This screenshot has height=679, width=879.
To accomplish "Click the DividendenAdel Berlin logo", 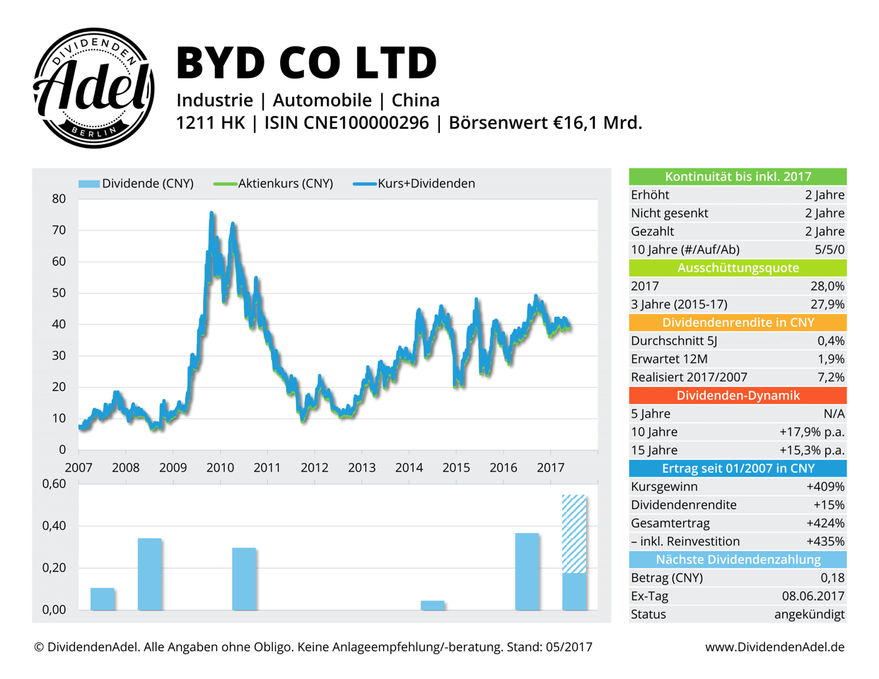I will pyautogui.click(x=94, y=88).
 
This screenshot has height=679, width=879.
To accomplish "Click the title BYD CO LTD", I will pyautogui.click(x=306, y=62).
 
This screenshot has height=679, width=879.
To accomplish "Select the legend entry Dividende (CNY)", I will pyautogui.click(x=136, y=183).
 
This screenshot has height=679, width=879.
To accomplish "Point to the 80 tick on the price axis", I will pyautogui.click(x=59, y=199).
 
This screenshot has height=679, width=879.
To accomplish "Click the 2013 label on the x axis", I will pyautogui.click(x=361, y=468).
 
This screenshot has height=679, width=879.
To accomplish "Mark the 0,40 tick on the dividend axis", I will pyautogui.click(x=54, y=526).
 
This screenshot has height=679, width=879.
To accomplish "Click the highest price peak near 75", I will pyautogui.click(x=211, y=213).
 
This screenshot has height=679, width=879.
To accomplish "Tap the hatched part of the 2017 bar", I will pyautogui.click(x=574, y=534).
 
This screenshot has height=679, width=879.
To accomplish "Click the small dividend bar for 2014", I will pyautogui.click(x=432, y=605).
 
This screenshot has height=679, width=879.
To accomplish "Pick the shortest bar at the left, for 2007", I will pyautogui.click(x=103, y=599).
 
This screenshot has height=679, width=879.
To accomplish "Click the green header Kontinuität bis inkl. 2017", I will pyautogui.click(x=738, y=177).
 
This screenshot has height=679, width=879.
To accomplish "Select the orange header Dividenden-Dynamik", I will pyautogui.click(x=738, y=395).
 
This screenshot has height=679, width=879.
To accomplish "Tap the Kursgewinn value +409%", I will pyautogui.click(x=825, y=487).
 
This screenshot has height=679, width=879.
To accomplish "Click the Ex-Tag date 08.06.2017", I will pyautogui.click(x=813, y=596).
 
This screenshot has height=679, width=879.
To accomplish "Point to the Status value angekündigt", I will pyautogui.click(x=809, y=615).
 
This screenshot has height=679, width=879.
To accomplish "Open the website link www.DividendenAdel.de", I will pyautogui.click(x=774, y=647).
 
